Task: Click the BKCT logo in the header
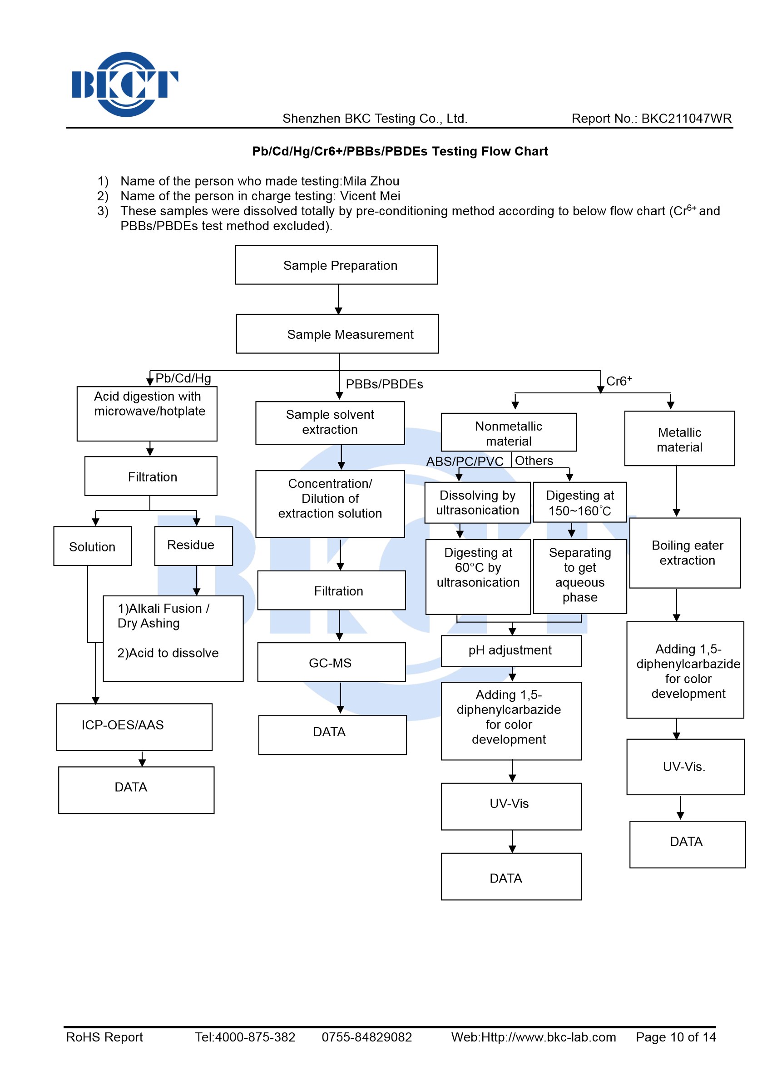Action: pyautogui.click(x=125, y=84)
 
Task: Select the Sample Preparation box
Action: pyautogui.click(x=336, y=265)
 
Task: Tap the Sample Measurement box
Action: pyautogui.click(x=337, y=334)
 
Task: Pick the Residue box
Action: pyautogui.click(x=193, y=546)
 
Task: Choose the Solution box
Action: pyautogui.click(x=92, y=546)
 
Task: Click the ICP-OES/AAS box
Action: pyautogui.click(x=134, y=727)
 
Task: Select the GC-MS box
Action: pyautogui.click(x=332, y=662)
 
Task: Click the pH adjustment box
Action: pyautogui.click(x=511, y=651)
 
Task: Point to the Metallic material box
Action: pyautogui.click(x=679, y=438)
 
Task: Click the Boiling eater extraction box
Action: pyautogui.click(x=685, y=553)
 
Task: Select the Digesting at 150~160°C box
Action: pyautogui.click(x=580, y=502)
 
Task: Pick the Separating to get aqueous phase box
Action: pyautogui.click(x=580, y=576)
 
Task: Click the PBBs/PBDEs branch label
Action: pyautogui.click(x=384, y=384)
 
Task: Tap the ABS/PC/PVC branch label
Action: pyautogui.click(x=465, y=461)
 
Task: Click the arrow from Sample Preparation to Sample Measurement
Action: pyautogui.click(x=338, y=299)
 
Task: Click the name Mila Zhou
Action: pyautogui.click(x=371, y=181)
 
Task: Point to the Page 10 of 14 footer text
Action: pyautogui.click(x=676, y=1037)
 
